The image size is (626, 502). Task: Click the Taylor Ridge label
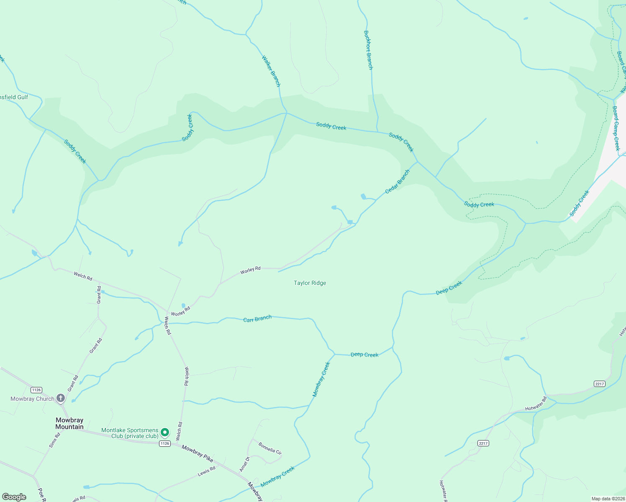coord(310,283)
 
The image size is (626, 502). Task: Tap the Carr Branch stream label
coord(257,319)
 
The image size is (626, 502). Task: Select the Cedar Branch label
coord(397,182)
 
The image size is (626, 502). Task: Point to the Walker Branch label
coord(271,71)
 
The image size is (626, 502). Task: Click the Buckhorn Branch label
coord(368,50)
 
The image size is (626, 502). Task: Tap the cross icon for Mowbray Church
coord(61,398)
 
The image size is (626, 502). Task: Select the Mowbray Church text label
coord(32,399)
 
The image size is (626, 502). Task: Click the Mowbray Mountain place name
coord(69,423)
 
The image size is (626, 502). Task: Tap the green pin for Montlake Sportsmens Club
coord(165,432)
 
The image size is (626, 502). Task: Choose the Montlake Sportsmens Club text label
coord(130,433)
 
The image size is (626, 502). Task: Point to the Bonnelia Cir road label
coord(270,448)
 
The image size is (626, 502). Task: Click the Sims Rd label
coord(54,440)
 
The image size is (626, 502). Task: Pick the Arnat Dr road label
coord(244,464)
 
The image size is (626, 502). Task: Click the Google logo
coord(14,497)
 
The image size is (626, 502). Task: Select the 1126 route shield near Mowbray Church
coord(36,390)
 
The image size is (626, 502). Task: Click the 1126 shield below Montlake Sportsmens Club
coord(164,443)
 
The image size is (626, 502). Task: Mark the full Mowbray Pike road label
coord(198,453)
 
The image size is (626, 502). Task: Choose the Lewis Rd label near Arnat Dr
coord(206,471)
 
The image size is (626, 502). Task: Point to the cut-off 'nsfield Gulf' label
coord(14,97)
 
